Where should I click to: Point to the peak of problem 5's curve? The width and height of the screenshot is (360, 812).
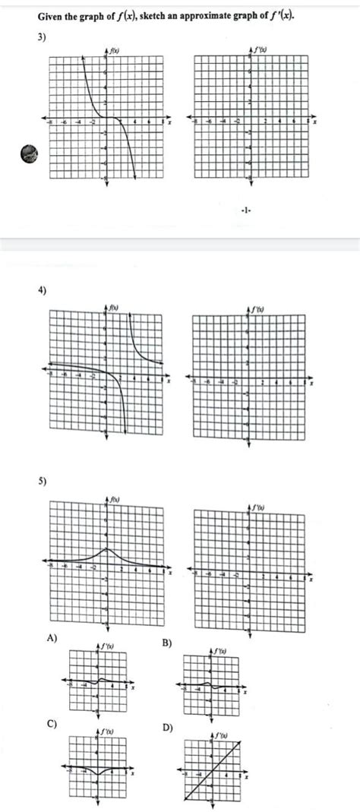point(106,548)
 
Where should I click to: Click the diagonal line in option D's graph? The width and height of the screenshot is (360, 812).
point(212,771)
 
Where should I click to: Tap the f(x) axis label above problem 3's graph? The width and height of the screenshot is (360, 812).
point(115,51)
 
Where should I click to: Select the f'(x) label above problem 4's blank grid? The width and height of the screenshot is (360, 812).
point(255,308)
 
